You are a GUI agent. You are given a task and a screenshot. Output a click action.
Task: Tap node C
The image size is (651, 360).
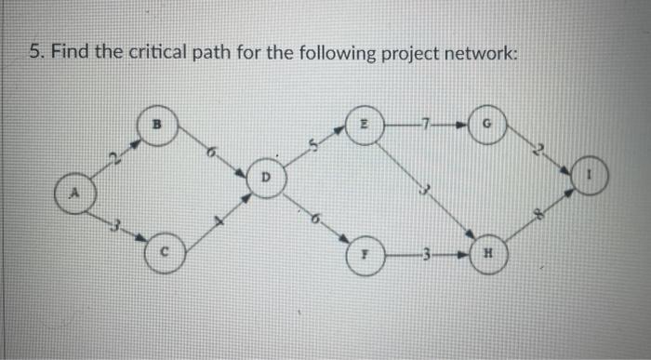click(163, 252)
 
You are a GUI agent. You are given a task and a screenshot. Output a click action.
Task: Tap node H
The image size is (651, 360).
click(487, 254)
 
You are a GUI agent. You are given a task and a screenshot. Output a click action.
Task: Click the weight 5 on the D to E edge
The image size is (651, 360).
click(315, 143)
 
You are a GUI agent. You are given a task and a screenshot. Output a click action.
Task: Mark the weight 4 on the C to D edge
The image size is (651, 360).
click(220, 220)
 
